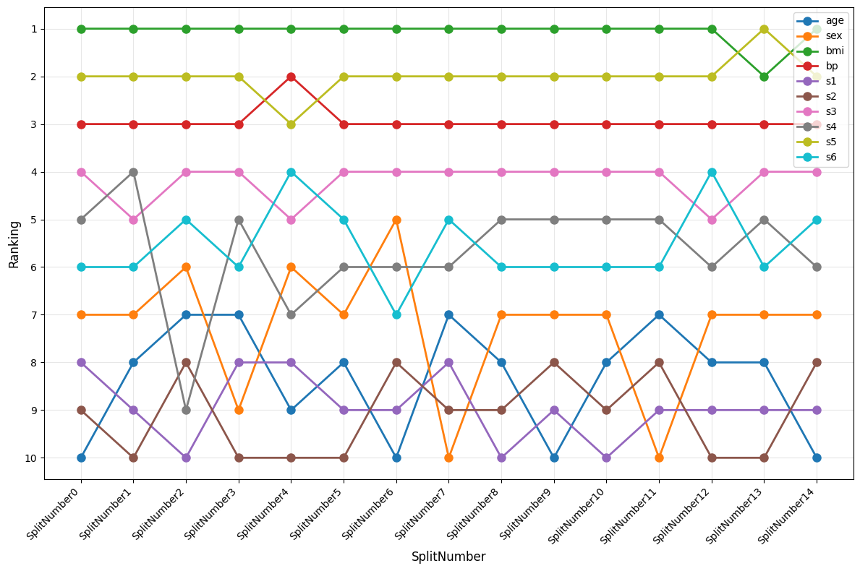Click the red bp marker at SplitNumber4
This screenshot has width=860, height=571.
291,77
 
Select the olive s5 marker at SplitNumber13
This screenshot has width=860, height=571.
764,29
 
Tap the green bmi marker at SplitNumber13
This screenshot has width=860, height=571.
764,77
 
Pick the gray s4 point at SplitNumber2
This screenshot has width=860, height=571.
186,410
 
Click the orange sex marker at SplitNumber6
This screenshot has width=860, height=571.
396,220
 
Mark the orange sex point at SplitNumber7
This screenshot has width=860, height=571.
448,458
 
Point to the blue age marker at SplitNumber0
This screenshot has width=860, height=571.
81,458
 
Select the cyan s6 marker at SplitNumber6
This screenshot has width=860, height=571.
396,314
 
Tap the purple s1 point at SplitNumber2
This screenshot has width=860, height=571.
186,458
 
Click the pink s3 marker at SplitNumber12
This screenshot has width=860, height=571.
712,220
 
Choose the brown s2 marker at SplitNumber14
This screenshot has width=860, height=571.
817,362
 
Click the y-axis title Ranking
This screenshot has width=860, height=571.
14,244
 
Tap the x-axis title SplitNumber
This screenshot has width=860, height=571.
448,557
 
